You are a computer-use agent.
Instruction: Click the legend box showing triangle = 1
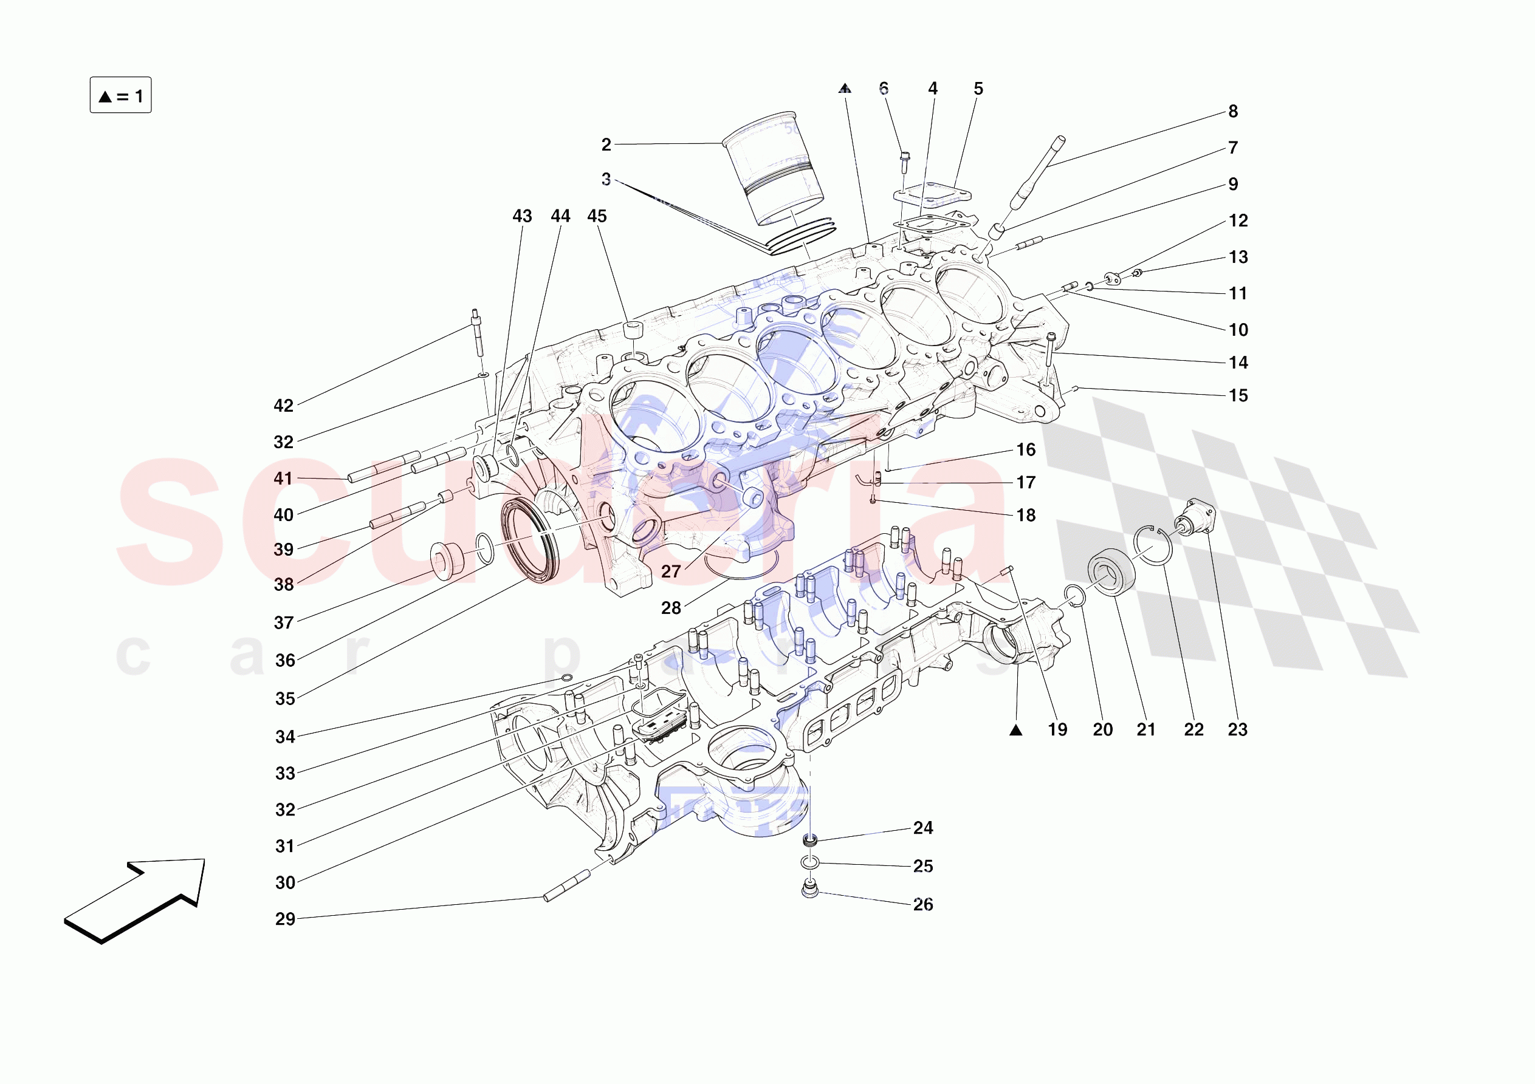pyautogui.click(x=120, y=95)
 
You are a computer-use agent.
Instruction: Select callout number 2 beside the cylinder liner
pyautogui.click(x=606, y=145)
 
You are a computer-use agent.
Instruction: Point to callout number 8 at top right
pyautogui.click(x=1233, y=112)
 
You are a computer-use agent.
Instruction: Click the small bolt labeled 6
pyautogui.click(x=905, y=158)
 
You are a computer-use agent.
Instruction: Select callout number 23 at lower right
pyautogui.click(x=1237, y=729)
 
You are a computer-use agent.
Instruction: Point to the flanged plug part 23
pyautogui.click(x=1194, y=517)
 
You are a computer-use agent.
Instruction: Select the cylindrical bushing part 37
pyautogui.click(x=447, y=560)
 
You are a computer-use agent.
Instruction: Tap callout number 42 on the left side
pyautogui.click(x=283, y=406)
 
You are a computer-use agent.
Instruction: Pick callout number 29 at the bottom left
pyautogui.click(x=285, y=919)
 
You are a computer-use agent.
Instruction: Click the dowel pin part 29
pyautogui.click(x=567, y=885)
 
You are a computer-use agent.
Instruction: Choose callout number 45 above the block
pyautogui.click(x=596, y=216)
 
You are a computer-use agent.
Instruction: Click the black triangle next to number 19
pyautogui.click(x=1015, y=730)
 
